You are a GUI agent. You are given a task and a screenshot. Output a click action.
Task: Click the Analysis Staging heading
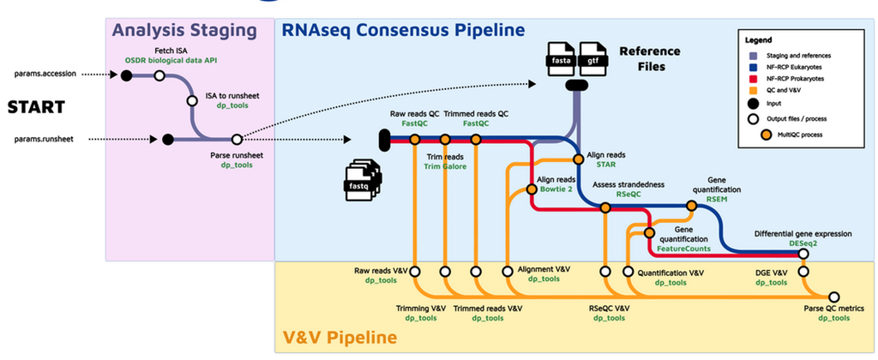(x=185, y=31)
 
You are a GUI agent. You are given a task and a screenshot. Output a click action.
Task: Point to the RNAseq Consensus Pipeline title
(x=404, y=31)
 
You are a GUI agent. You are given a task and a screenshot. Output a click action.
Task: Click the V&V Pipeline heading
(x=339, y=336)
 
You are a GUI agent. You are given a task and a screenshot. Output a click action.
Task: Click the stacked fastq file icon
(x=359, y=180)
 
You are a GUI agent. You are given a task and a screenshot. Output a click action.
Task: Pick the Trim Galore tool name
(x=444, y=167)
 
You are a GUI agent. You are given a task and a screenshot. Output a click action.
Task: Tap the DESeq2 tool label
(x=803, y=243)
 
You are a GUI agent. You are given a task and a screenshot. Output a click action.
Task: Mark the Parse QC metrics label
(x=833, y=309)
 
